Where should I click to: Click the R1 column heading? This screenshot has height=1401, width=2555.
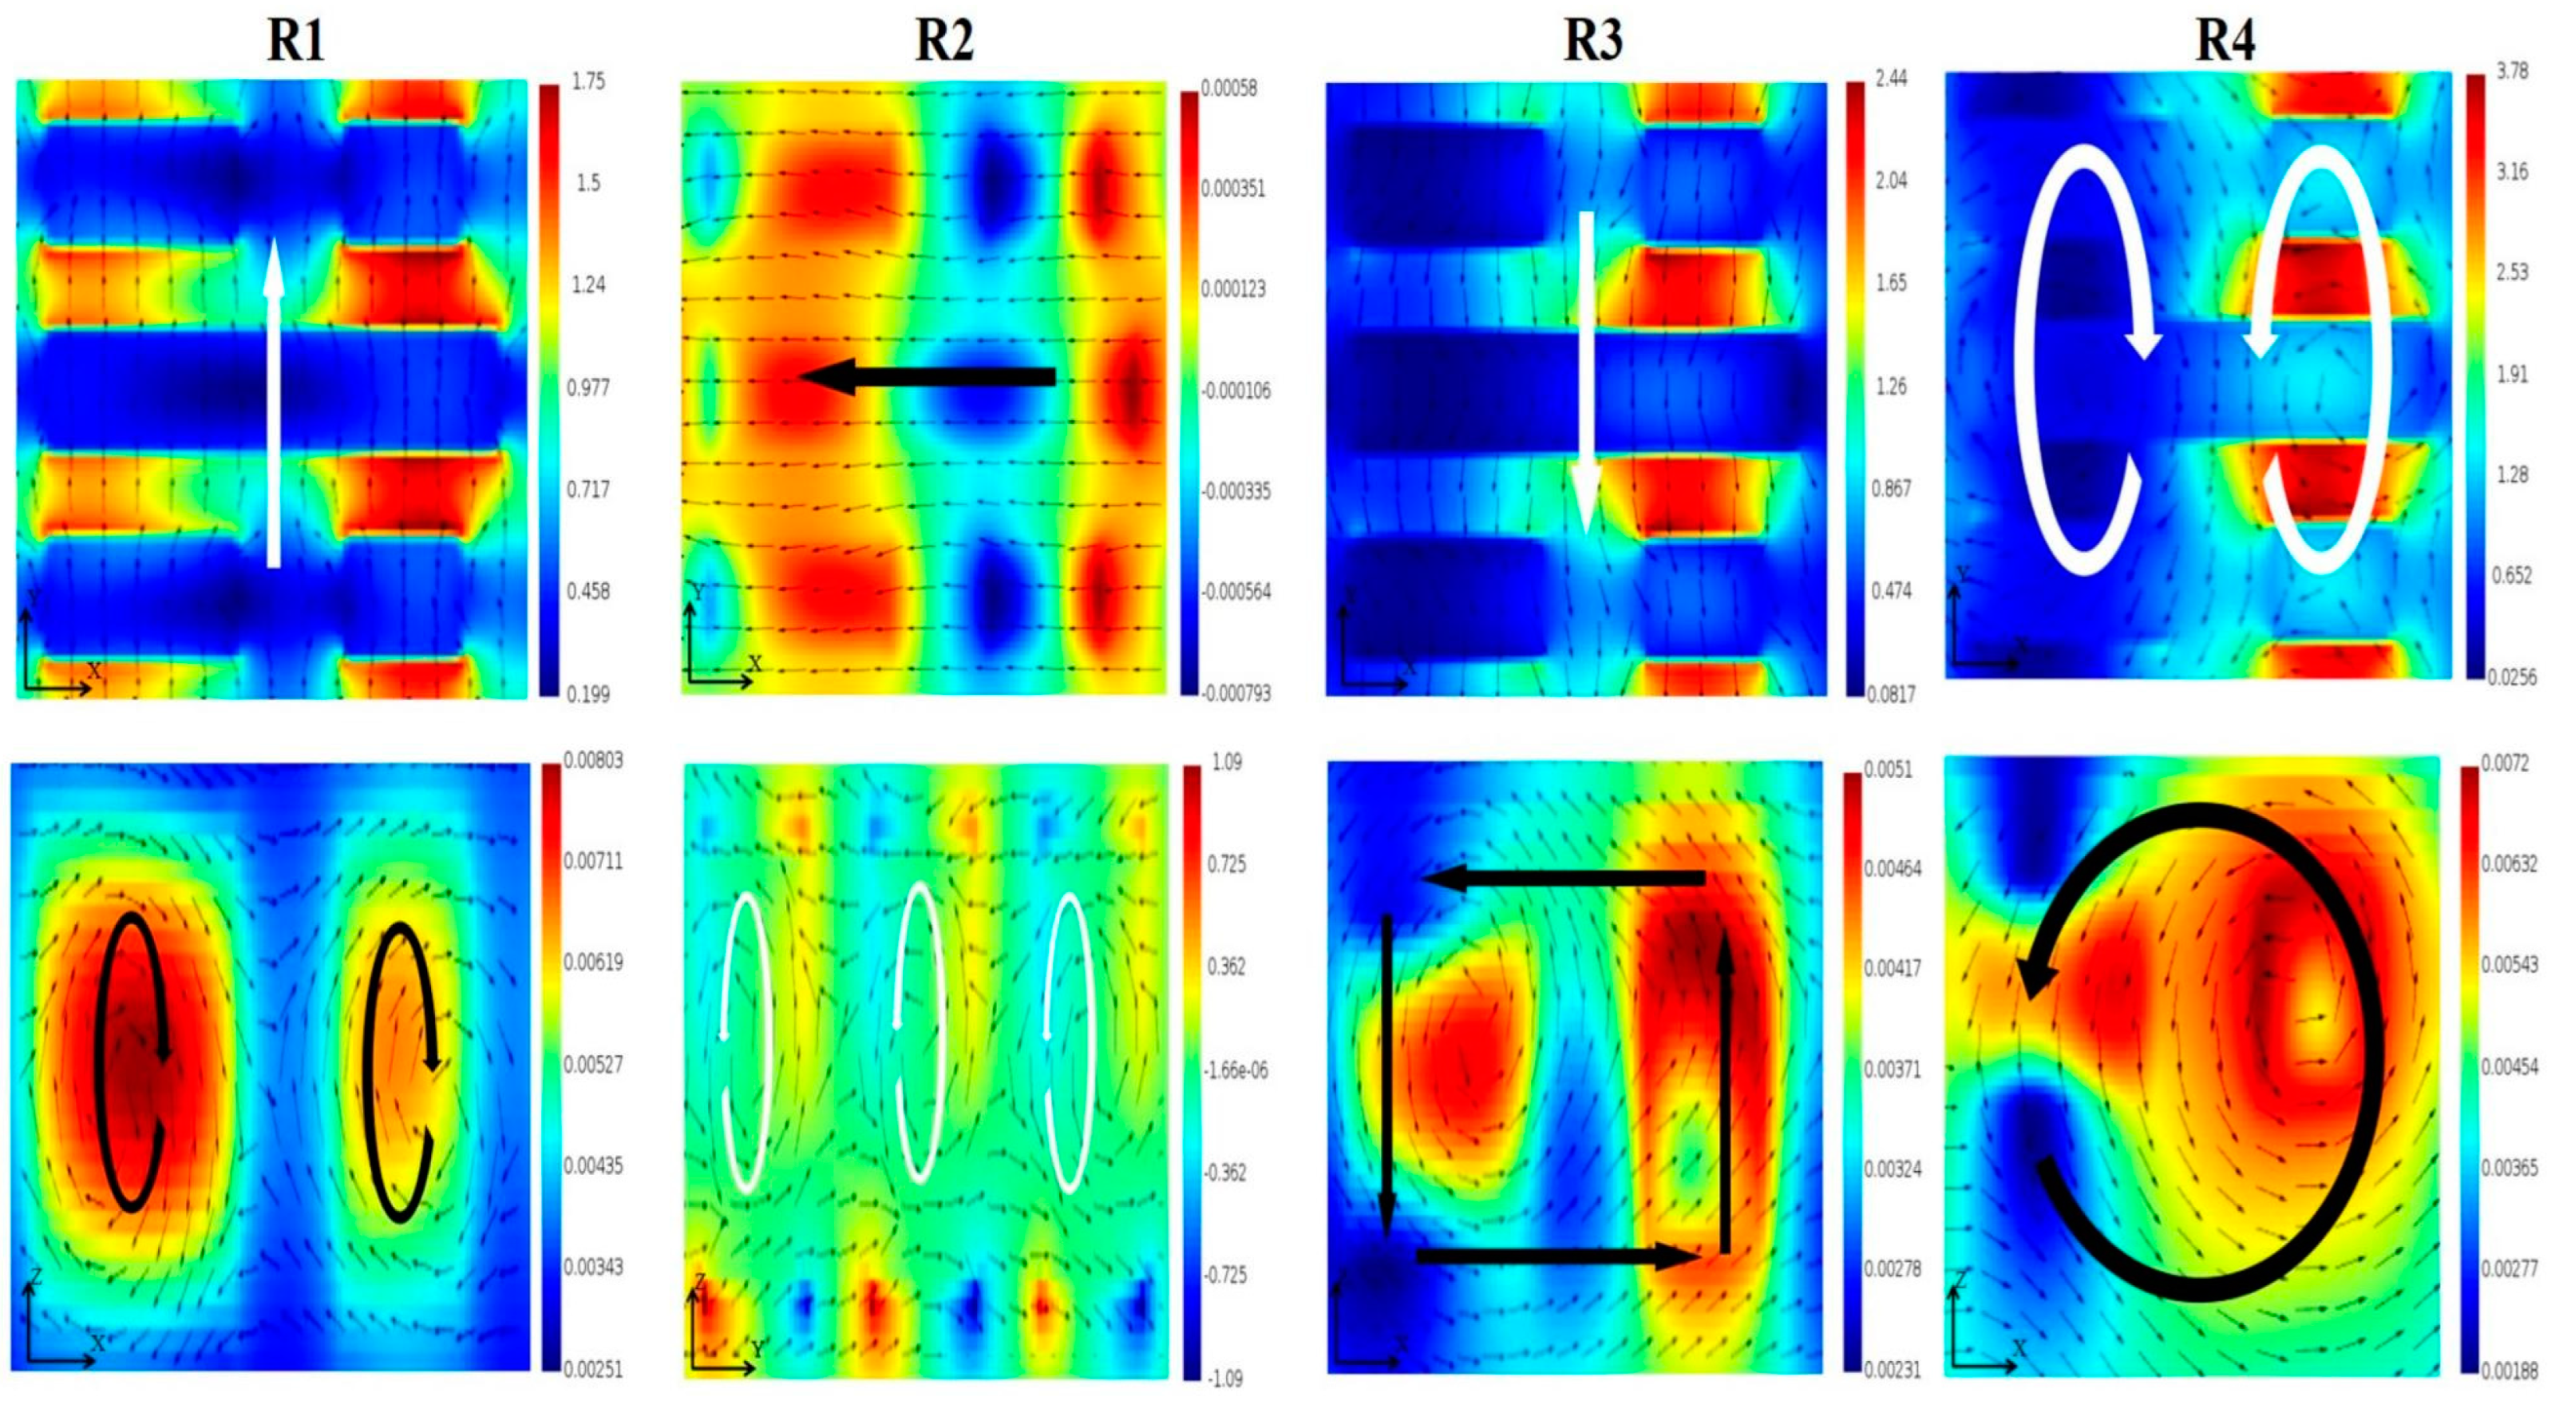pos(295,41)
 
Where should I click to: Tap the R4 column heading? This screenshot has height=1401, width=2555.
pos(2225,41)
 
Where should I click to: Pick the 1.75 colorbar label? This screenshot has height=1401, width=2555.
pos(588,81)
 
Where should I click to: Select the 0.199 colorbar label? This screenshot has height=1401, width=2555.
pos(588,693)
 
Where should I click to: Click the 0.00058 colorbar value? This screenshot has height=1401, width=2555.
pos(1229,89)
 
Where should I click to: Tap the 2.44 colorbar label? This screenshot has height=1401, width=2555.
pos(1890,78)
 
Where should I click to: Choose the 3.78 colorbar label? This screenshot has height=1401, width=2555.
pos(2511,70)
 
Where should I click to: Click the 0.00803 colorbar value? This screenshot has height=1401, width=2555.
pos(593,760)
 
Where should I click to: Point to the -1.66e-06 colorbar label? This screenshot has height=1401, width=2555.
pos(1235,1070)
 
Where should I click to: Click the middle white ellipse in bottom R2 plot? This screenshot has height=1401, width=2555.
pos(920,1032)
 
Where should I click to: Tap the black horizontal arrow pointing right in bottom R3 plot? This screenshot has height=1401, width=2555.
pos(1557,1256)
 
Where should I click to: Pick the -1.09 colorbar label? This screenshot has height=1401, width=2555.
pos(1226,1378)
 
